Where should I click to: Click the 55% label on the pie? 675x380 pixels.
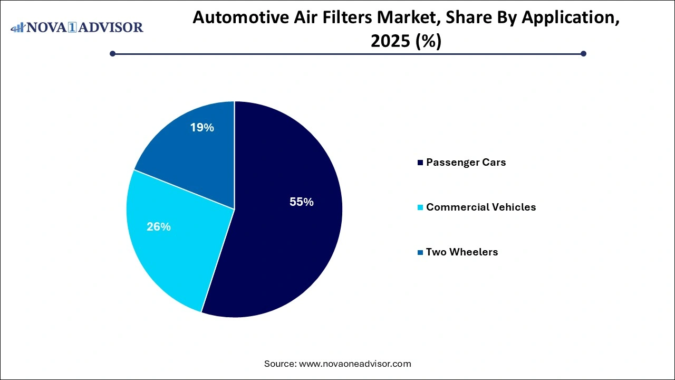click(x=301, y=202)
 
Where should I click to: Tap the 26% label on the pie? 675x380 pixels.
click(x=158, y=226)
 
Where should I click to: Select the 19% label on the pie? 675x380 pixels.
click(x=202, y=127)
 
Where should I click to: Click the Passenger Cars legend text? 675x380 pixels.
click(x=466, y=163)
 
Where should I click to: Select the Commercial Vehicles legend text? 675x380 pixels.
click(x=480, y=207)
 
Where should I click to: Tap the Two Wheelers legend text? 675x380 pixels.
click(x=461, y=252)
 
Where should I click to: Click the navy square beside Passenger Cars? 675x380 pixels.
click(x=420, y=163)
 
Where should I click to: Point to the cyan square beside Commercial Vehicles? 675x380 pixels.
click(x=420, y=207)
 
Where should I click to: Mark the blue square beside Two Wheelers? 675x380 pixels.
click(x=420, y=252)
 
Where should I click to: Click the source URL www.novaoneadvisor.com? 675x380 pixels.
click(x=354, y=364)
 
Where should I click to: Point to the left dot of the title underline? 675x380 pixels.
click(x=112, y=53)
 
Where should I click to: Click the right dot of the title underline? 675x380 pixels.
click(x=583, y=53)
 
